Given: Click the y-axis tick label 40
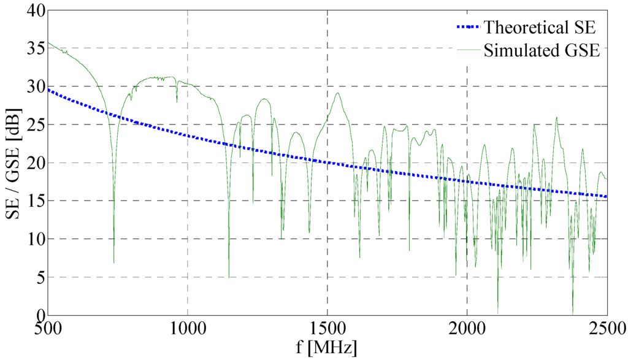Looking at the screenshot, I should pyautogui.click(x=36, y=10).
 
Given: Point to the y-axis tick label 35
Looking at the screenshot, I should pyautogui.click(x=36, y=48).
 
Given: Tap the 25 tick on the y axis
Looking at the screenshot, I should pyautogui.click(x=36, y=124).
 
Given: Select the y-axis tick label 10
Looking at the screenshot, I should pyautogui.click(x=36, y=239).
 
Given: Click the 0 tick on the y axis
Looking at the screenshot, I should pyautogui.click(x=39, y=315).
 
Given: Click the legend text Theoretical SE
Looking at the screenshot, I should pyautogui.click(x=540, y=28).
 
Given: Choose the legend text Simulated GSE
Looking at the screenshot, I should pyautogui.click(x=541, y=50).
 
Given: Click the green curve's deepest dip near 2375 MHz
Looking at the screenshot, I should pyautogui.click(x=573, y=313).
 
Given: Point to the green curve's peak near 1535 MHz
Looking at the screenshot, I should pyautogui.click(x=337, y=93).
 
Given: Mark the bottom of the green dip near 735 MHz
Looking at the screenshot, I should pyautogui.click(x=113, y=262).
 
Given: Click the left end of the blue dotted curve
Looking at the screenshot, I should pyautogui.click(x=48, y=90).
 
